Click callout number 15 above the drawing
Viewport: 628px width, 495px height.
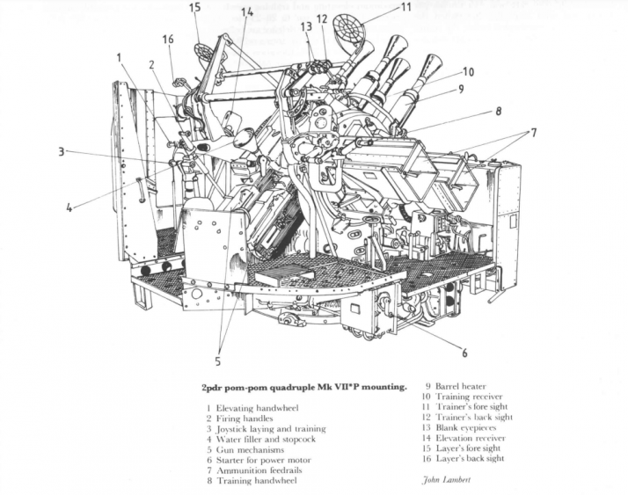(x=194, y=8)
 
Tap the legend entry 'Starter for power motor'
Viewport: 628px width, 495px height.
(x=255, y=458)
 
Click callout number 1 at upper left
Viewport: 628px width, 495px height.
(x=117, y=58)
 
